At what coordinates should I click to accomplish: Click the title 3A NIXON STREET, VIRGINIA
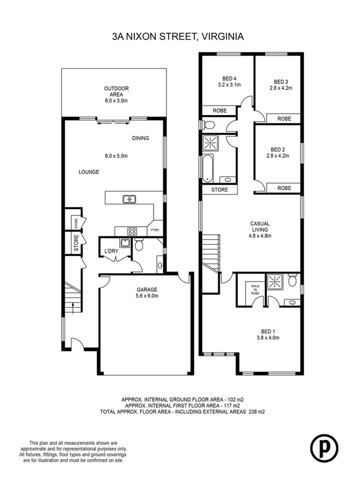(178, 37)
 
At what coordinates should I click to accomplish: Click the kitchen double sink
(129, 199)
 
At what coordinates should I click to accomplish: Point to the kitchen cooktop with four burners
(132, 231)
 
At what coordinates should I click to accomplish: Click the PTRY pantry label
(155, 230)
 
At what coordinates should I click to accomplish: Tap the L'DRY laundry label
(111, 251)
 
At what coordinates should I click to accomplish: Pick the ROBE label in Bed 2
(284, 188)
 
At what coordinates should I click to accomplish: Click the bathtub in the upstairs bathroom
(207, 169)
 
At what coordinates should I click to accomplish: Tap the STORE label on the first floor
(219, 189)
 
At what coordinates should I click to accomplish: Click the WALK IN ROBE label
(254, 290)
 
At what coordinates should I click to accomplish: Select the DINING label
(140, 138)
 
